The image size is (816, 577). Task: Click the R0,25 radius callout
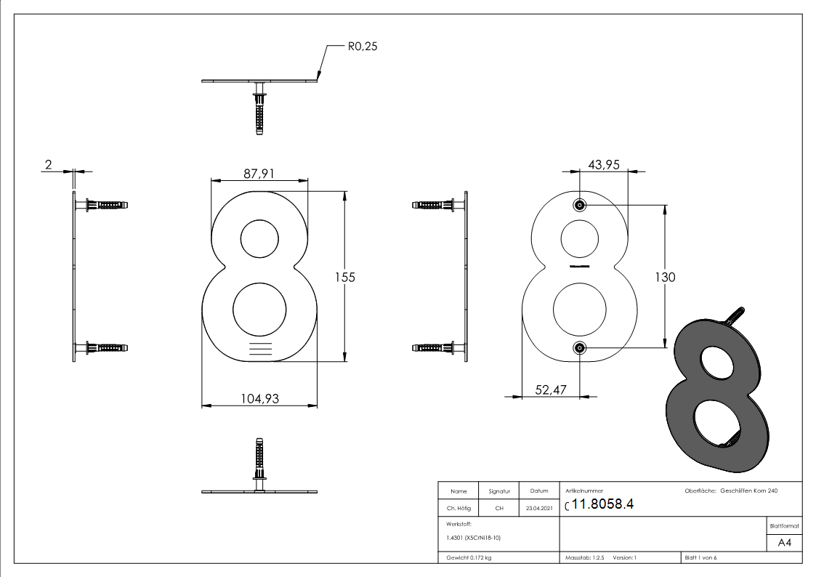(x=363, y=47)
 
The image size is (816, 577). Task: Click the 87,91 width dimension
(x=258, y=174)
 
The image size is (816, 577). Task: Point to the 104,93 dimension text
(x=258, y=398)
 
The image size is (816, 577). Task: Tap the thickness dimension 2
(x=49, y=165)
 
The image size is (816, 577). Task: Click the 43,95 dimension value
(x=603, y=165)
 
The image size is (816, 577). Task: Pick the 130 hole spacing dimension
(x=664, y=277)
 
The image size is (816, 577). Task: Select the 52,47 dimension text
(x=551, y=390)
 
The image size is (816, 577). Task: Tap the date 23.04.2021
(x=538, y=509)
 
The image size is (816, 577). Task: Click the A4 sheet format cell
(x=785, y=543)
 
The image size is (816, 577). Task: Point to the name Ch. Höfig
(x=459, y=509)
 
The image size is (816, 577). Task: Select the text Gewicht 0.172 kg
(x=469, y=557)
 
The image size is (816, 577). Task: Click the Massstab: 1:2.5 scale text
(x=584, y=557)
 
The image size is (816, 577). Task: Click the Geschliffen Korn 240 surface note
(x=749, y=491)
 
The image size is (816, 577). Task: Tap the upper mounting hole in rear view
(x=580, y=206)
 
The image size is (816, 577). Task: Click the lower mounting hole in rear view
(x=580, y=348)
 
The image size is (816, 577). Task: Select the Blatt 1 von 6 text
(x=700, y=557)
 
